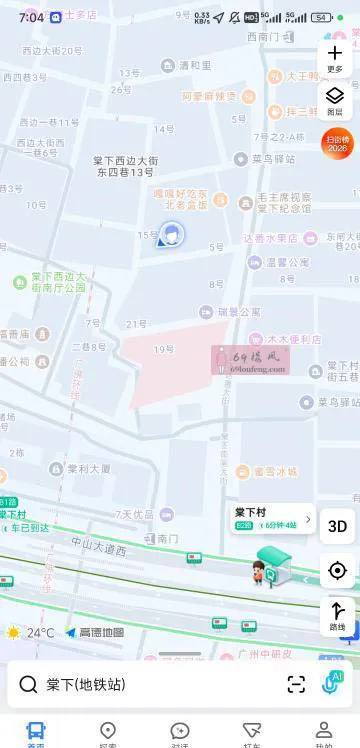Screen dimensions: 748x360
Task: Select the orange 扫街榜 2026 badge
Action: [337, 143]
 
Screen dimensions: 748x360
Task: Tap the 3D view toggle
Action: [337, 526]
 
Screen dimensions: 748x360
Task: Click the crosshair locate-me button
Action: [337, 571]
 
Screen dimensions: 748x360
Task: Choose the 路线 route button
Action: [337, 614]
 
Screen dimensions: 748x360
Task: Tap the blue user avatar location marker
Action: [172, 235]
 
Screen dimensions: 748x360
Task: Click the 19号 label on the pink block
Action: [164, 349]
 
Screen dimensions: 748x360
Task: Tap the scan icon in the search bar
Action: [296, 685]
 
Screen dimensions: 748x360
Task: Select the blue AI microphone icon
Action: [332, 683]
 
